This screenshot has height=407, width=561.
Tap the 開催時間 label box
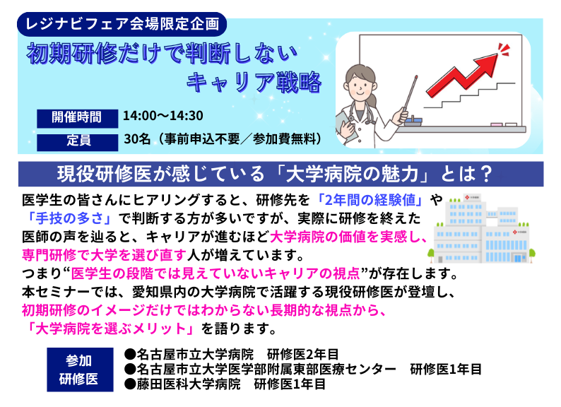pos(76,116)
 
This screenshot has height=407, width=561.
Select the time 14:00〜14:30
pos(163,116)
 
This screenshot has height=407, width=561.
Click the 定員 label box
pos(76,139)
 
